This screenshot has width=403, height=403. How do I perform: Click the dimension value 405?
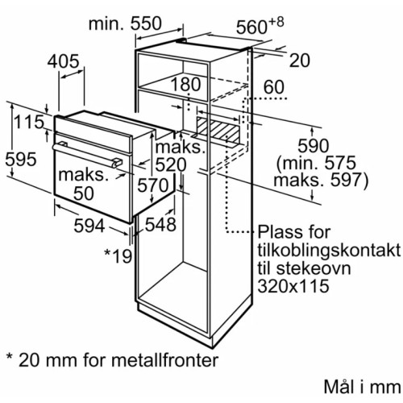point(69,61)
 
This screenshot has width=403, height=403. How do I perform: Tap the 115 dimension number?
point(27,124)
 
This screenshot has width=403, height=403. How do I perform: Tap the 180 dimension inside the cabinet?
point(185,85)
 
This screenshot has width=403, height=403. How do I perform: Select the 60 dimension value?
point(274,86)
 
